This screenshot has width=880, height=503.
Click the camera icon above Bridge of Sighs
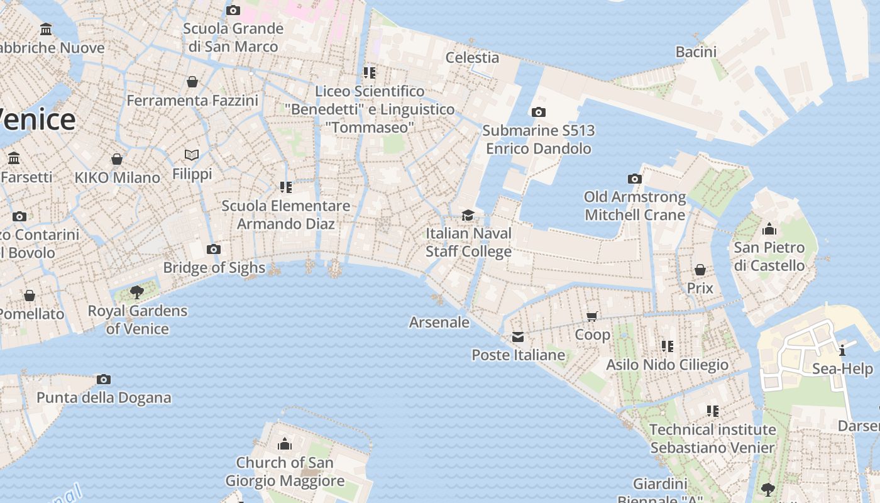[x=214, y=250]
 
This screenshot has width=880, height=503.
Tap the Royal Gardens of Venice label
[x=137, y=319]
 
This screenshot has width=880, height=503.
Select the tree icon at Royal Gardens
[x=136, y=292]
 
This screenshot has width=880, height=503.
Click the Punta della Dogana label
[x=104, y=397]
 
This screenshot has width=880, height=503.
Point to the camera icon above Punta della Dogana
[x=104, y=379]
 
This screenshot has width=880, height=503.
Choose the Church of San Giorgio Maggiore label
[x=285, y=472]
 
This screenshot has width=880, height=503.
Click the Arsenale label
[x=439, y=323]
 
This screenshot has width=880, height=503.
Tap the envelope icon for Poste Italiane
[x=517, y=338]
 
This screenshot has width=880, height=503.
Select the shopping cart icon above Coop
[x=591, y=316]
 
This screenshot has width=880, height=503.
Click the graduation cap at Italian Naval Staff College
[x=468, y=216]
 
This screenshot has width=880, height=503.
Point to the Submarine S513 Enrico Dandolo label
[x=539, y=140]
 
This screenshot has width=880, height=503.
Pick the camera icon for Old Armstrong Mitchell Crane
[x=635, y=179]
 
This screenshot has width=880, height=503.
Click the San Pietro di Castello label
[x=769, y=257]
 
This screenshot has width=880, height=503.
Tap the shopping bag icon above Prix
[x=700, y=270]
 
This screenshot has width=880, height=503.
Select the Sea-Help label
[x=842, y=368]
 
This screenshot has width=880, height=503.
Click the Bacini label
[x=696, y=52]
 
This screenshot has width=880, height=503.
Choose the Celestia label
[x=472, y=57]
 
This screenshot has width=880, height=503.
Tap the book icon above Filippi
[x=192, y=155]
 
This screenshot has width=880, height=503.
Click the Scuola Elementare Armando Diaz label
[x=286, y=214]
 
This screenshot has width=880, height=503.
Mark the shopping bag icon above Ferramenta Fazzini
[x=192, y=82]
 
